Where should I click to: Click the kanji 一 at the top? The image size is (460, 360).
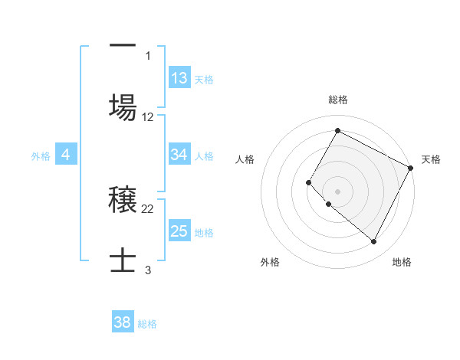click(123, 46)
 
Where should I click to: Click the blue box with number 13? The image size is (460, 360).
click(179, 77)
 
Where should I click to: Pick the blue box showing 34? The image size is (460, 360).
click(179, 155)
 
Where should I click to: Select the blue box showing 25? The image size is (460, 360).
click(179, 231)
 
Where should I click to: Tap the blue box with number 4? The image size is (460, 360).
click(66, 155)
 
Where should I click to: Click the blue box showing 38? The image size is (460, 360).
click(123, 322)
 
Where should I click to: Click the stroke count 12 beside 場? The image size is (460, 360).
click(148, 117)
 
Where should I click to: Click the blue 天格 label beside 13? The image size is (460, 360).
click(204, 79)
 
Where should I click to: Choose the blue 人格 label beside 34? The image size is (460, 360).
click(204, 156)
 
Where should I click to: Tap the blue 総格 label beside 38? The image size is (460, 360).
click(147, 324)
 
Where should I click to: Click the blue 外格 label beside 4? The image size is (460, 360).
click(41, 156)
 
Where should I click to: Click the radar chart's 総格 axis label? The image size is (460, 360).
click(337, 100)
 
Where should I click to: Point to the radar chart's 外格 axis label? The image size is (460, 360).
click(270, 262)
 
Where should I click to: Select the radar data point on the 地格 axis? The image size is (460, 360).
click(374, 242)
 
